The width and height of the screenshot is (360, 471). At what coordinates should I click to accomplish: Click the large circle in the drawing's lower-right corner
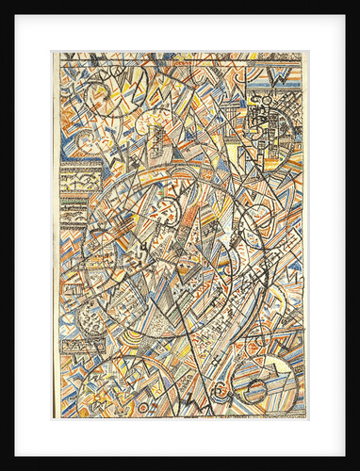click(263, 377)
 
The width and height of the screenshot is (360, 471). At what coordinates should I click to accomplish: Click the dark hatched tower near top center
click(160, 141)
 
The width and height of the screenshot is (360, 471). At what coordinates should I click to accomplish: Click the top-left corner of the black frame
click(3, 3)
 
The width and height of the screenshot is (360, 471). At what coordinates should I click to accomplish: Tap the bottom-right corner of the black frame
click(357, 468)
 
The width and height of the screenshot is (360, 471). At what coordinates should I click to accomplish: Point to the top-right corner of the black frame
click(357, 3)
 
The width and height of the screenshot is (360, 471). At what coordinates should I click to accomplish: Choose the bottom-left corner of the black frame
click(3, 468)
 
